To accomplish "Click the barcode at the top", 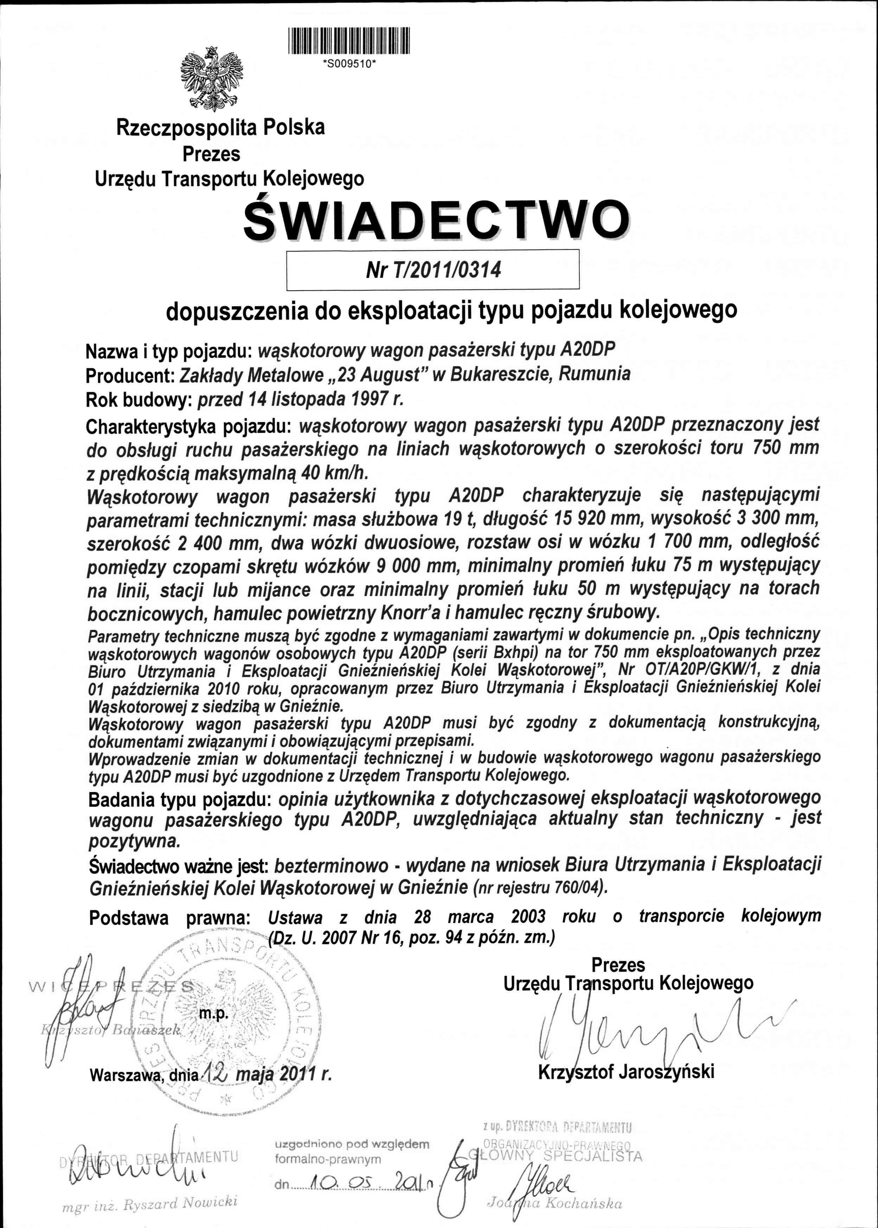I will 349,41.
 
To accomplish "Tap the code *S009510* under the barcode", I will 349,63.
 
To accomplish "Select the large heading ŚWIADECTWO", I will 436,220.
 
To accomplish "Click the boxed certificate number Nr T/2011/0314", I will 433,269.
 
